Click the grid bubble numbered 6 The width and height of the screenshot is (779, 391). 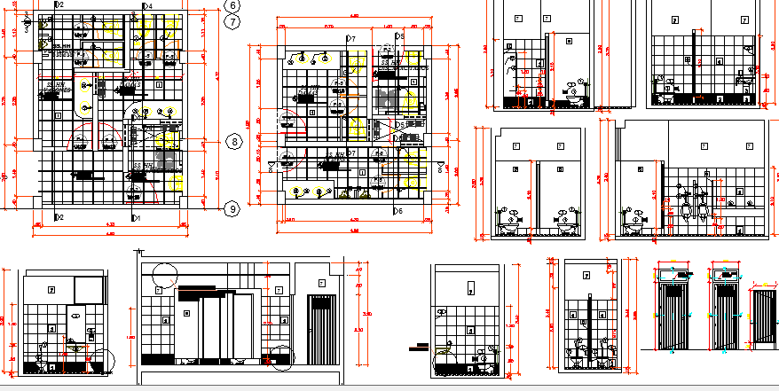232,5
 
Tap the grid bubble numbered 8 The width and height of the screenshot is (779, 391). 233,142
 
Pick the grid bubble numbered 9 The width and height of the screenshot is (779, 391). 232,208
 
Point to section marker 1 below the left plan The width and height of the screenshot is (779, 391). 135,217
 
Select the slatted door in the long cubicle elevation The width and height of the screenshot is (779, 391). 319,329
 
